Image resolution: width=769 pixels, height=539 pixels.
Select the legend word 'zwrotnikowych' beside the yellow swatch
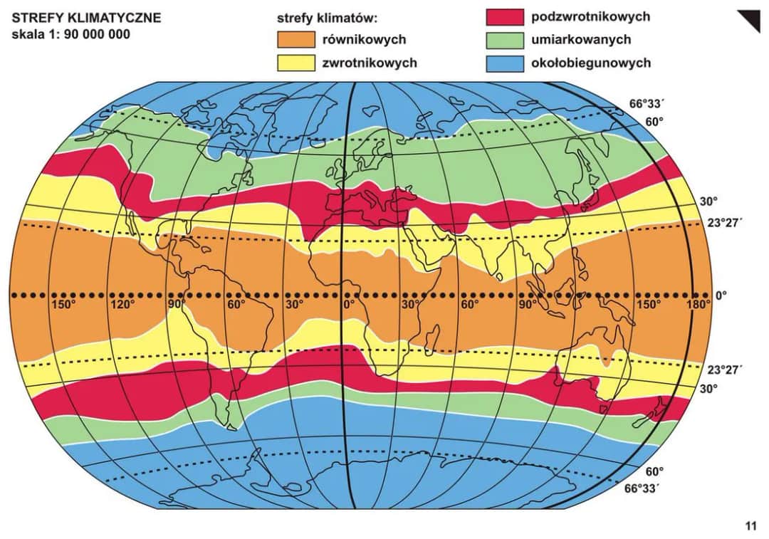coord(370,63)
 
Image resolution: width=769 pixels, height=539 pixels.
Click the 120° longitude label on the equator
coord(122,305)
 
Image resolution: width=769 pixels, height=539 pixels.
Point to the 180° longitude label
coord(698,305)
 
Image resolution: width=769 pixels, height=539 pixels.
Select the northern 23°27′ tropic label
coord(724,221)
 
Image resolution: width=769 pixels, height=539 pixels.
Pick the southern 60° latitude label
coord(654,471)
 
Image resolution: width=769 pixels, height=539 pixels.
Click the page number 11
coord(750,527)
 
